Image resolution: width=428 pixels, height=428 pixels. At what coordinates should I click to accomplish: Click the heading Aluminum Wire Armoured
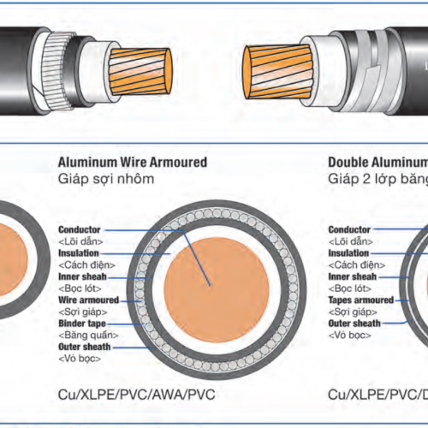click(x=132, y=162)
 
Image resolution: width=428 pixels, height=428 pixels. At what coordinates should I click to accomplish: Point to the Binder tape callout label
click(x=80, y=324)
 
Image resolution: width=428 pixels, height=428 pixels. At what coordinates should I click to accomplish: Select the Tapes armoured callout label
click(x=361, y=300)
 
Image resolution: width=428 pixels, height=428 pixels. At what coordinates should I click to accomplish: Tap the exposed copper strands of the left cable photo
click(x=145, y=68)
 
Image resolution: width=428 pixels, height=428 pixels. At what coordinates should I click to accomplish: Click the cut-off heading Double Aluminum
click(x=377, y=162)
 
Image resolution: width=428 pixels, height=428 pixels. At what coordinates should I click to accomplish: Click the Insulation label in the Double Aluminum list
click(x=350, y=253)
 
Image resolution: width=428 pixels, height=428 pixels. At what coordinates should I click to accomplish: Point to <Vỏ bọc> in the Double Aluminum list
click(x=353, y=336)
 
